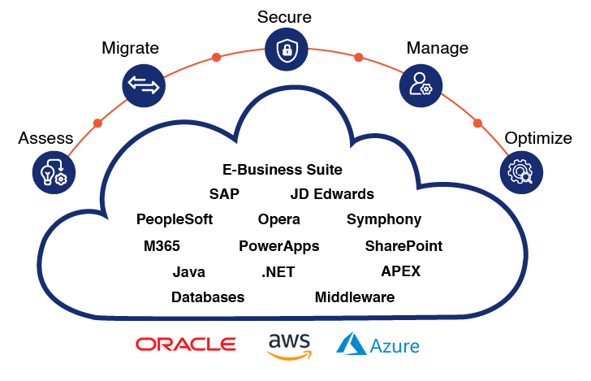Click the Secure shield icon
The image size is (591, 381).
287,49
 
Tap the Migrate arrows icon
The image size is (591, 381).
144,85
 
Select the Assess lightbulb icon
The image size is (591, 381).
54,172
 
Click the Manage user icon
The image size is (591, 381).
421,85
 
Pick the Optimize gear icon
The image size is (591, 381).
521,172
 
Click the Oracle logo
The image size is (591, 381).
186,344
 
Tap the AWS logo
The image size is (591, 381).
290,346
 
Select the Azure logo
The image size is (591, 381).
377,344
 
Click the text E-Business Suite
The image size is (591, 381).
283,170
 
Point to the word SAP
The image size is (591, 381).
224,194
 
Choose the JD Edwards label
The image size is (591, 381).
332,194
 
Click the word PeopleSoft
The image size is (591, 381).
175,219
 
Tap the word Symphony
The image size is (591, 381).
384,219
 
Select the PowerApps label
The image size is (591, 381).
279,246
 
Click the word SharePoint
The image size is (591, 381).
403,246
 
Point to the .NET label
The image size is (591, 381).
278,271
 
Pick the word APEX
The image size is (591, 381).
401,271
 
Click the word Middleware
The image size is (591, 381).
355,297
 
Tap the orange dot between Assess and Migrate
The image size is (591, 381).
97,123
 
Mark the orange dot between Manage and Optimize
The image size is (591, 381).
477,123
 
